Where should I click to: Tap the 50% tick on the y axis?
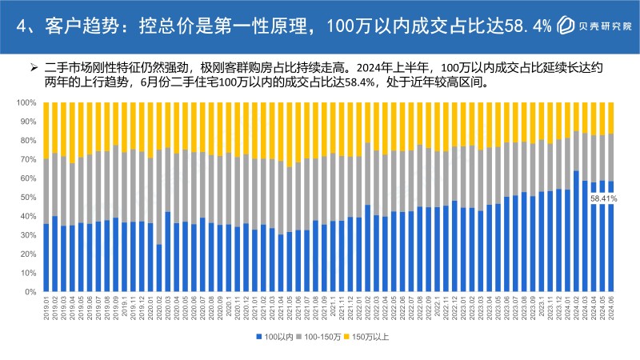[28, 198]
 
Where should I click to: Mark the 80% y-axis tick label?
[28, 141]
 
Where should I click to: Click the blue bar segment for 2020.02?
[159, 268]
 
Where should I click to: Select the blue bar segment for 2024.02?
[576, 231]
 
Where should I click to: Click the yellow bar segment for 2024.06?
[610, 118]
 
